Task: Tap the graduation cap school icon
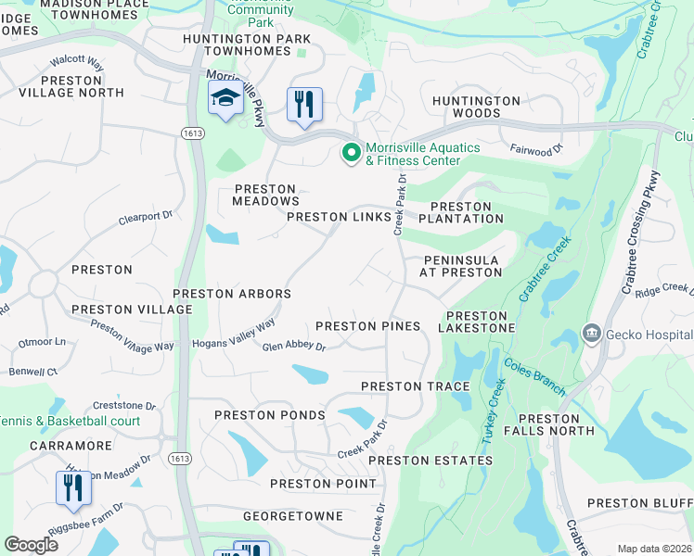(x=225, y=100)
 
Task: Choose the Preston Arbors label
(x=232, y=294)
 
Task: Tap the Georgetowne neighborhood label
(x=292, y=516)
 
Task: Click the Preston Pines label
(x=368, y=326)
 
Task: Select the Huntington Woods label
(x=476, y=107)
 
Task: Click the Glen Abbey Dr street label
(x=294, y=347)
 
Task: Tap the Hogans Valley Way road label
(x=234, y=335)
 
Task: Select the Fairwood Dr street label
(x=536, y=148)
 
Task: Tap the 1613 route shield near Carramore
(x=180, y=459)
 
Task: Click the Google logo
(x=32, y=545)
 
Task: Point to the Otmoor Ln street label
(x=48, y=342)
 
